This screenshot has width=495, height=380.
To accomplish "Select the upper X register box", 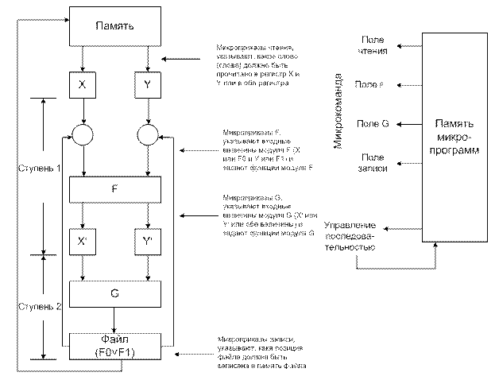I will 82,82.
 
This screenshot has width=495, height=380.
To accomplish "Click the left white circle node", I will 82,134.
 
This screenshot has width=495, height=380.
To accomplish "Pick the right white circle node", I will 148,134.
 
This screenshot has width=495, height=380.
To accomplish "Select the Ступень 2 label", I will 37,307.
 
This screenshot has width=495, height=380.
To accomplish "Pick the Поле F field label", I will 370,83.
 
